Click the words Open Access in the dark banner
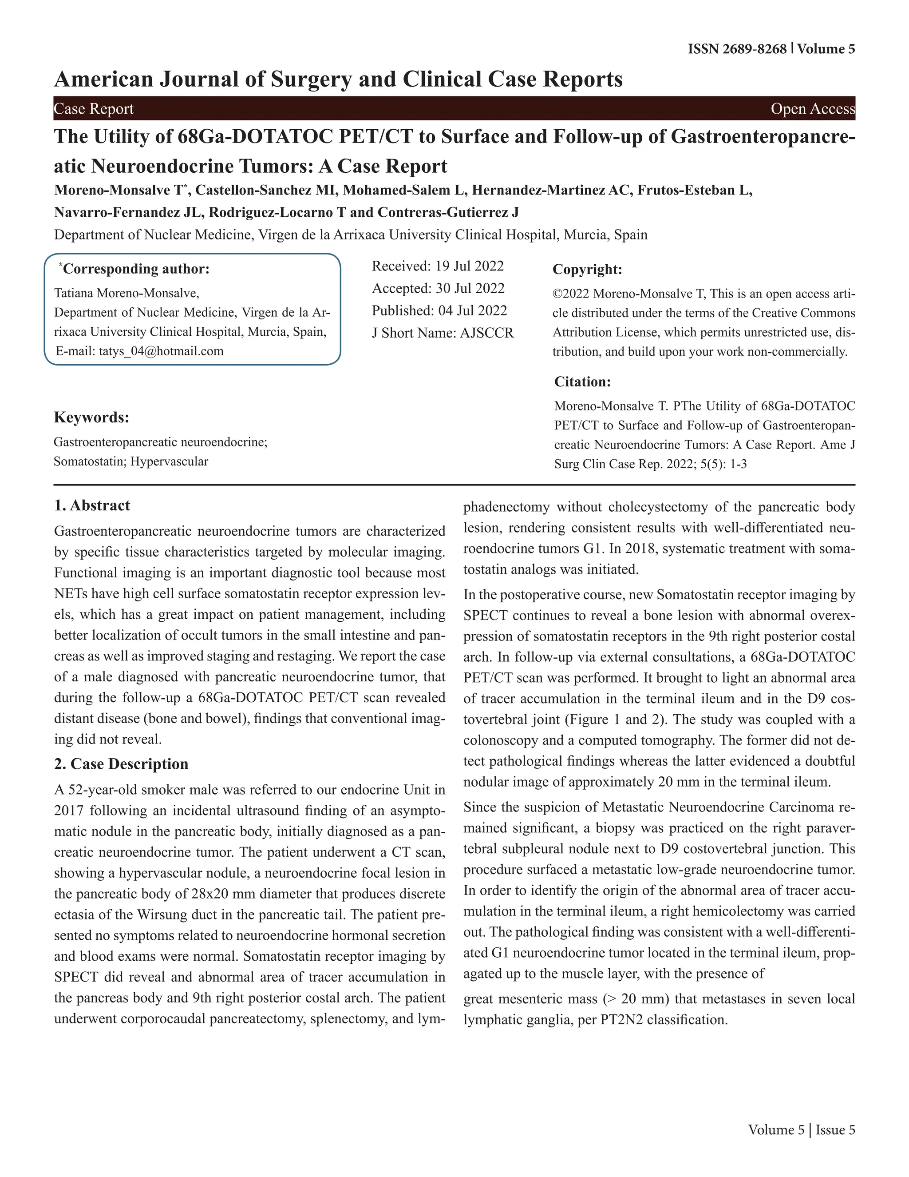[x=812, y=109]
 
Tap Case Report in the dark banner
[x=94, y=109]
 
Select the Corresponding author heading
[x=134, y=269]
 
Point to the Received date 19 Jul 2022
[x=469, y=266]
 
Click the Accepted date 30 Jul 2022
[x=470, y=288]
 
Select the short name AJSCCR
[x=486, y=333]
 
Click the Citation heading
[x=582, y=382]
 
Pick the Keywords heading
[x=91, y=418]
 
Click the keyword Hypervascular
[x=169, y=462]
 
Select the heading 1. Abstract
[x=92, y=505]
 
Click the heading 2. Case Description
[x=121, y=764]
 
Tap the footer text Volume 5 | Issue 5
[x=801, y=1129]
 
